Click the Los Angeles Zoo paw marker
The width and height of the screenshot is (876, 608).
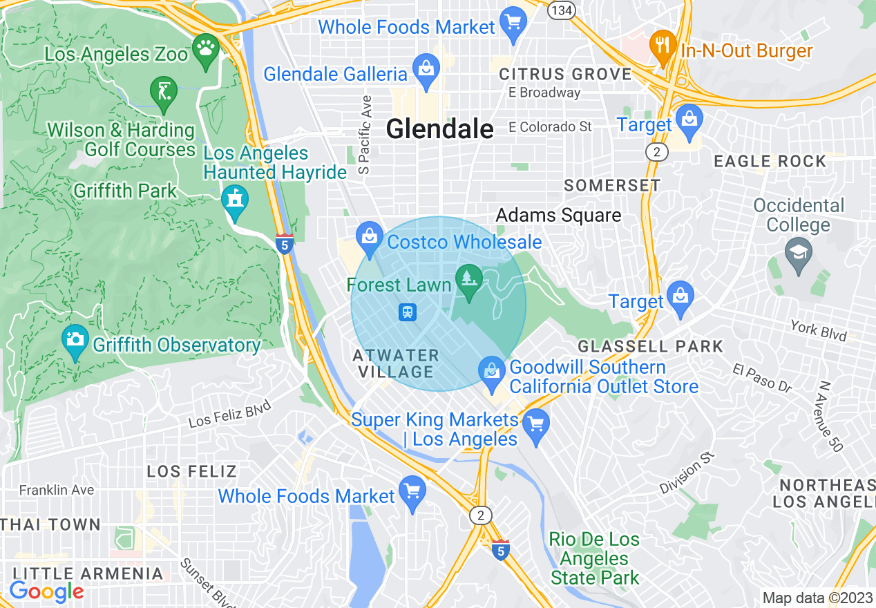click(x=206, y=49)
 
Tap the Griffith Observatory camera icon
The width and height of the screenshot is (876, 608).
click(x=75, y=341)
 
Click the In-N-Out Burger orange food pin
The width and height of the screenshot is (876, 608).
click(x=663, y=46)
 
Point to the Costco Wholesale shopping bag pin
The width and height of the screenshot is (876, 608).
click(x=370, y=237)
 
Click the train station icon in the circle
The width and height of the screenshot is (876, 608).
click(x=408, y=312)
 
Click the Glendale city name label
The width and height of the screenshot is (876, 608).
click(x=440, y=129)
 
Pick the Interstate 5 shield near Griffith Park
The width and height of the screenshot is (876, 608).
click(x=284, y=243)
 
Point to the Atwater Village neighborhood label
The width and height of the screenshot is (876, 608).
click(x=395, y=363)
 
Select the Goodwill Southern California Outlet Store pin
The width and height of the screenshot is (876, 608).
click(x=491, y=372)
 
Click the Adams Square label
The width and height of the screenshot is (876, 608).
click(x=558, y=216)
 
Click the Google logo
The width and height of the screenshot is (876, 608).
click(x=46, y=591)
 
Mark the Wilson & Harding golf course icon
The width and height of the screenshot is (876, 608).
click(x=164, y=91)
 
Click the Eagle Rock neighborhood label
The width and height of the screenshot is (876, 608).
click(x=770, y=162)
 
